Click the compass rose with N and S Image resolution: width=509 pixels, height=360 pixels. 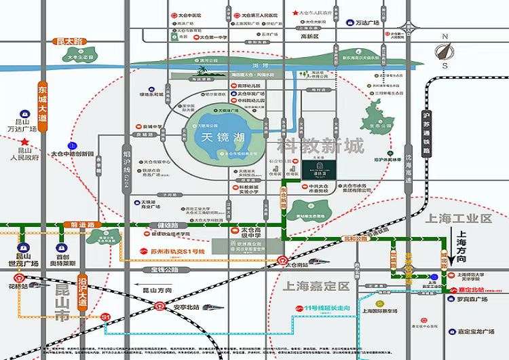pos(445,51)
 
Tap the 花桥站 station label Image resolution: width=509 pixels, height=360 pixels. pos(22,287)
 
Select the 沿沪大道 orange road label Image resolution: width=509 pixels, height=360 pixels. pos(81,289)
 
